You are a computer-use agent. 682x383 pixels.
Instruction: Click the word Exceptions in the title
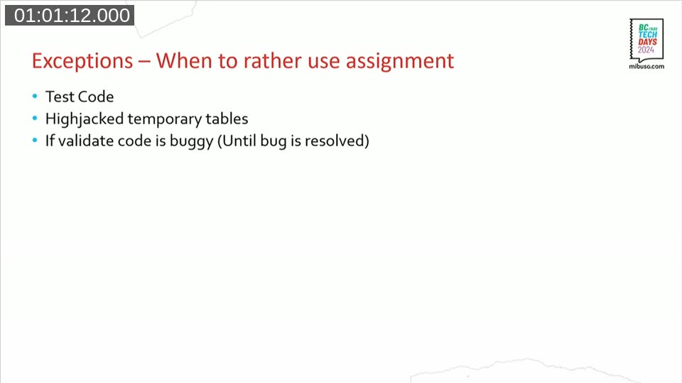82,61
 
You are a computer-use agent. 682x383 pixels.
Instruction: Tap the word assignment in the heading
400,61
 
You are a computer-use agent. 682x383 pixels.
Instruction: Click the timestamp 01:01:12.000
70,16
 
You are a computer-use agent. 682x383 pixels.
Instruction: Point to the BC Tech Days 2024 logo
647,40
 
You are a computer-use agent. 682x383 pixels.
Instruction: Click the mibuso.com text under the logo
646,66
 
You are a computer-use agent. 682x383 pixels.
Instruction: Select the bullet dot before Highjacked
35,119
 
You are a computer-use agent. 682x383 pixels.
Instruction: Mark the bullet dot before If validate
35,141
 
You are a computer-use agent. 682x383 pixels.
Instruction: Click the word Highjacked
85,119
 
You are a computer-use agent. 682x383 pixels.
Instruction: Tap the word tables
227,118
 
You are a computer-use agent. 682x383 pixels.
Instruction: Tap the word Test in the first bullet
59,96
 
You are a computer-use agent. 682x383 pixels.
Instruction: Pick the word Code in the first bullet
96,96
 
